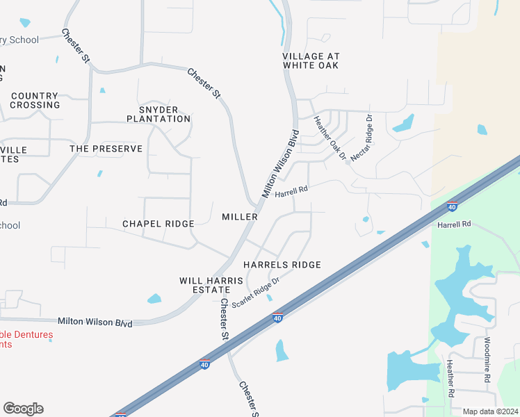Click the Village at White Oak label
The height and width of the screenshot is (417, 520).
pos(310,60)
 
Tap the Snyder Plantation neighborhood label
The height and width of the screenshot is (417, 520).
pos(159,114)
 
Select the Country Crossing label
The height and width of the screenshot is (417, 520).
pos(35,100)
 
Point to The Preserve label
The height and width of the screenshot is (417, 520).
pos(106,149)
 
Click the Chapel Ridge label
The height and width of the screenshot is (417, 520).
pos(158,224)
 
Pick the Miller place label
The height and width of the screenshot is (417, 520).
pos(240,217)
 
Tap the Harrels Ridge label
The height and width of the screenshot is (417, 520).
pos(282,265)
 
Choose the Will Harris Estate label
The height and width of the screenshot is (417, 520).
pos(211,285)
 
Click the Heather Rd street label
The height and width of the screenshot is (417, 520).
pos(450,378)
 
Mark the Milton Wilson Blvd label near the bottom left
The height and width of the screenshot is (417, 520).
pos(95,322)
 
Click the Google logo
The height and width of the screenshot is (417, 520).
pos(23,409)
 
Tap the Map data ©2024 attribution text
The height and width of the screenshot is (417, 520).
pos(490,411)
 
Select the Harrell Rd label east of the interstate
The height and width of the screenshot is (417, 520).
pos(454,224)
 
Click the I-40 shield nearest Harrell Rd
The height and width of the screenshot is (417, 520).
pos(452,206)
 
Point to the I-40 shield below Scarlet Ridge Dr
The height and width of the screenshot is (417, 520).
pos(277,318)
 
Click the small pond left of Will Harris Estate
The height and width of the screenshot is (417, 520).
pos(154,299)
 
